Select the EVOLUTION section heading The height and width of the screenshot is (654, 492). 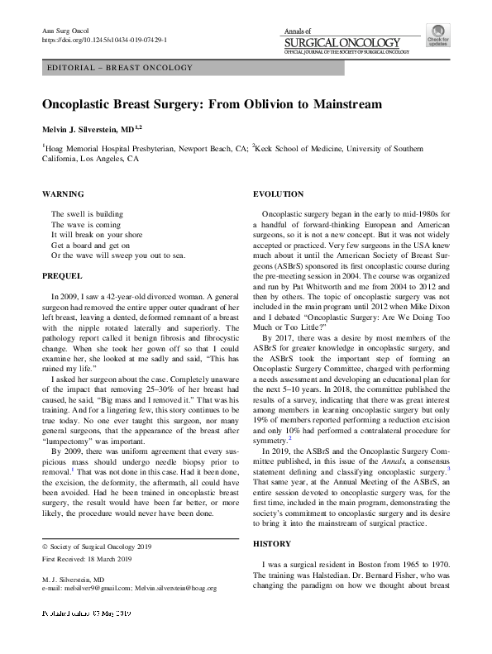click(278, 193)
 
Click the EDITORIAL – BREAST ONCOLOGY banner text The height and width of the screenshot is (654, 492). click(121, 68)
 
